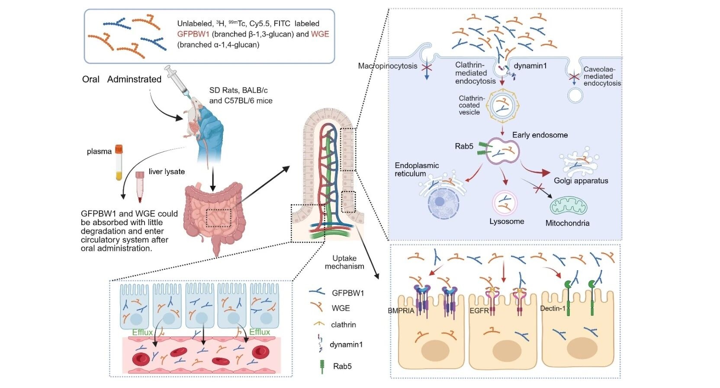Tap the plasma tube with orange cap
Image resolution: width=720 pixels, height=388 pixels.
tap(119, 162)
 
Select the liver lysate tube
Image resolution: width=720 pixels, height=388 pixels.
tap(140, 186)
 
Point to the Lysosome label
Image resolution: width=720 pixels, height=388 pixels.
tap(507, 222)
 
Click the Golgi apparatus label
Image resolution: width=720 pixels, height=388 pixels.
tap(581, 181)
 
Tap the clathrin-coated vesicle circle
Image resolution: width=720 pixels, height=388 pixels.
tap(502, 105)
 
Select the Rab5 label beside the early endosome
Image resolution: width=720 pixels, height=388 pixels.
tap(464, 146)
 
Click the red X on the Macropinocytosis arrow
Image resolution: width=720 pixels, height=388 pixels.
tap(427, 68)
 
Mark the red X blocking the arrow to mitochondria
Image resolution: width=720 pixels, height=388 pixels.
tap(538, 188)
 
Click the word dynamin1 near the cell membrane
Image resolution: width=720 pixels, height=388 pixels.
tap(530, 66)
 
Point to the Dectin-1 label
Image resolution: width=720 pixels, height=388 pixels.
tap(553, 308)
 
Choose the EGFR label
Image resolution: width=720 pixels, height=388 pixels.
tap(479, 310)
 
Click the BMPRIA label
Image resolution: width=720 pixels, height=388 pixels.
tap(401, 310)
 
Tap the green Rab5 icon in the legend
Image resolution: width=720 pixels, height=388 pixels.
tap(321, 366)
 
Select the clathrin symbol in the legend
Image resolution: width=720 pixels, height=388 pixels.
tap(319, 324)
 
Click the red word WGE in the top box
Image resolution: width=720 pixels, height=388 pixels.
tap(320, 34)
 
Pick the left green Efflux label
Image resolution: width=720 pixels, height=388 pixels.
tap(142, 332)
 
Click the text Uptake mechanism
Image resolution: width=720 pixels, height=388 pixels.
tap(344, 262)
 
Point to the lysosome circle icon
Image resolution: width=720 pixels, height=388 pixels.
tap(505, 203)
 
